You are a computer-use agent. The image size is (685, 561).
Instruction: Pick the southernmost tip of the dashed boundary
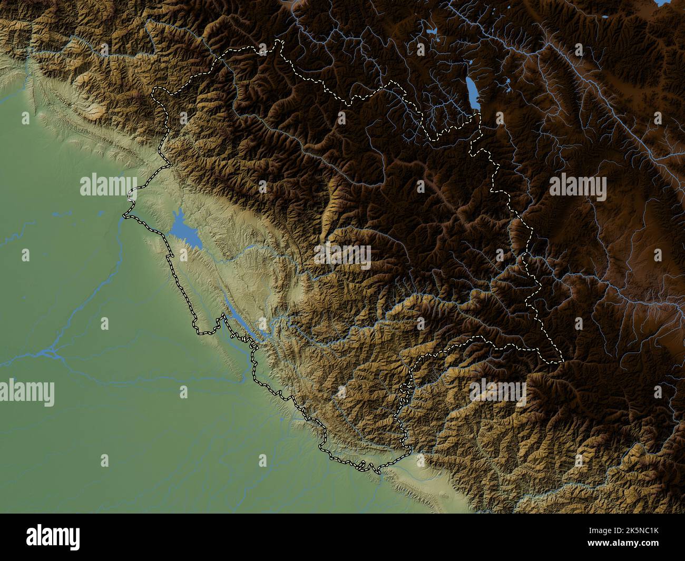pyautogui.click(x=378, y=473)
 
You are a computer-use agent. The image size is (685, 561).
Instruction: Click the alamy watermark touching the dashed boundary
pyautogui.click(x=108, y=186)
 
